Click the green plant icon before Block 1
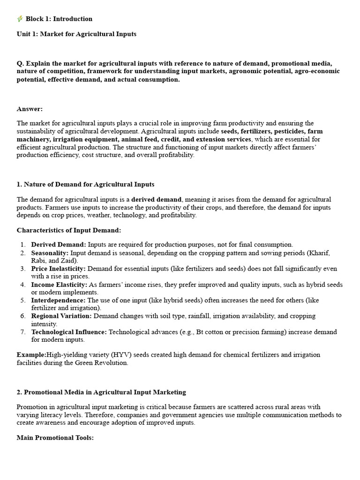pyautogui.click(x=20, y=19)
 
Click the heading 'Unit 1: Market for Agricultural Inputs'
pyautogui.click(x=76, y=34)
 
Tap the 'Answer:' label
pyautogui.click(x=30, y=109)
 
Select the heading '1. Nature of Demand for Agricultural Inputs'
pyautogui.click(x=85, y=184)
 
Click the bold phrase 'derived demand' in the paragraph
pyautogui.click(x=156, y=199)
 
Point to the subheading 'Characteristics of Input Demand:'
pyautogui.click(x=69, y=230)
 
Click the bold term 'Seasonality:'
pyautogui.click(x=50, y=253)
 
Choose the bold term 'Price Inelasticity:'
pyautogui.click(x=58, y=269)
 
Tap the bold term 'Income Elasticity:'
pyautogui.click(x=59, y=285)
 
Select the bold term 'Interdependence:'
pyautogui.click(x=58, y=300)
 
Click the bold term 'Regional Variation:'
pyautogui.click(x=61, y=316)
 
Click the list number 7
pyautogui.click(x=23, y=332)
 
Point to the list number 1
pyautogui.click(x=23, y=245)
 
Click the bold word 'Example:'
pyautogui.click(x=31, y=355)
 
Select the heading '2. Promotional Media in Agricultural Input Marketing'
pyautogui.click(x=101, y=392)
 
